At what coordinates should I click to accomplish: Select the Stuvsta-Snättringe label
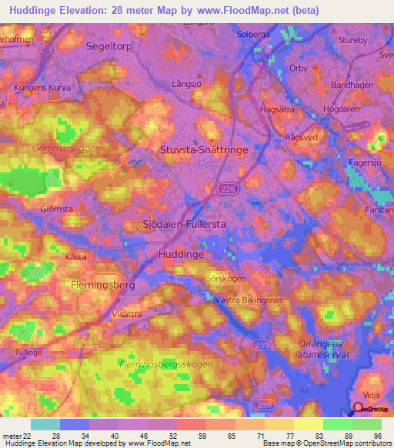pyautogui.click(x=204, y=151)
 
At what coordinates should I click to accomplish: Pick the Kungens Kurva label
pyautogui.click(x=42, y=88)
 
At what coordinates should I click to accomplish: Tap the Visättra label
pyautogui.click(x=127, y=314)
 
